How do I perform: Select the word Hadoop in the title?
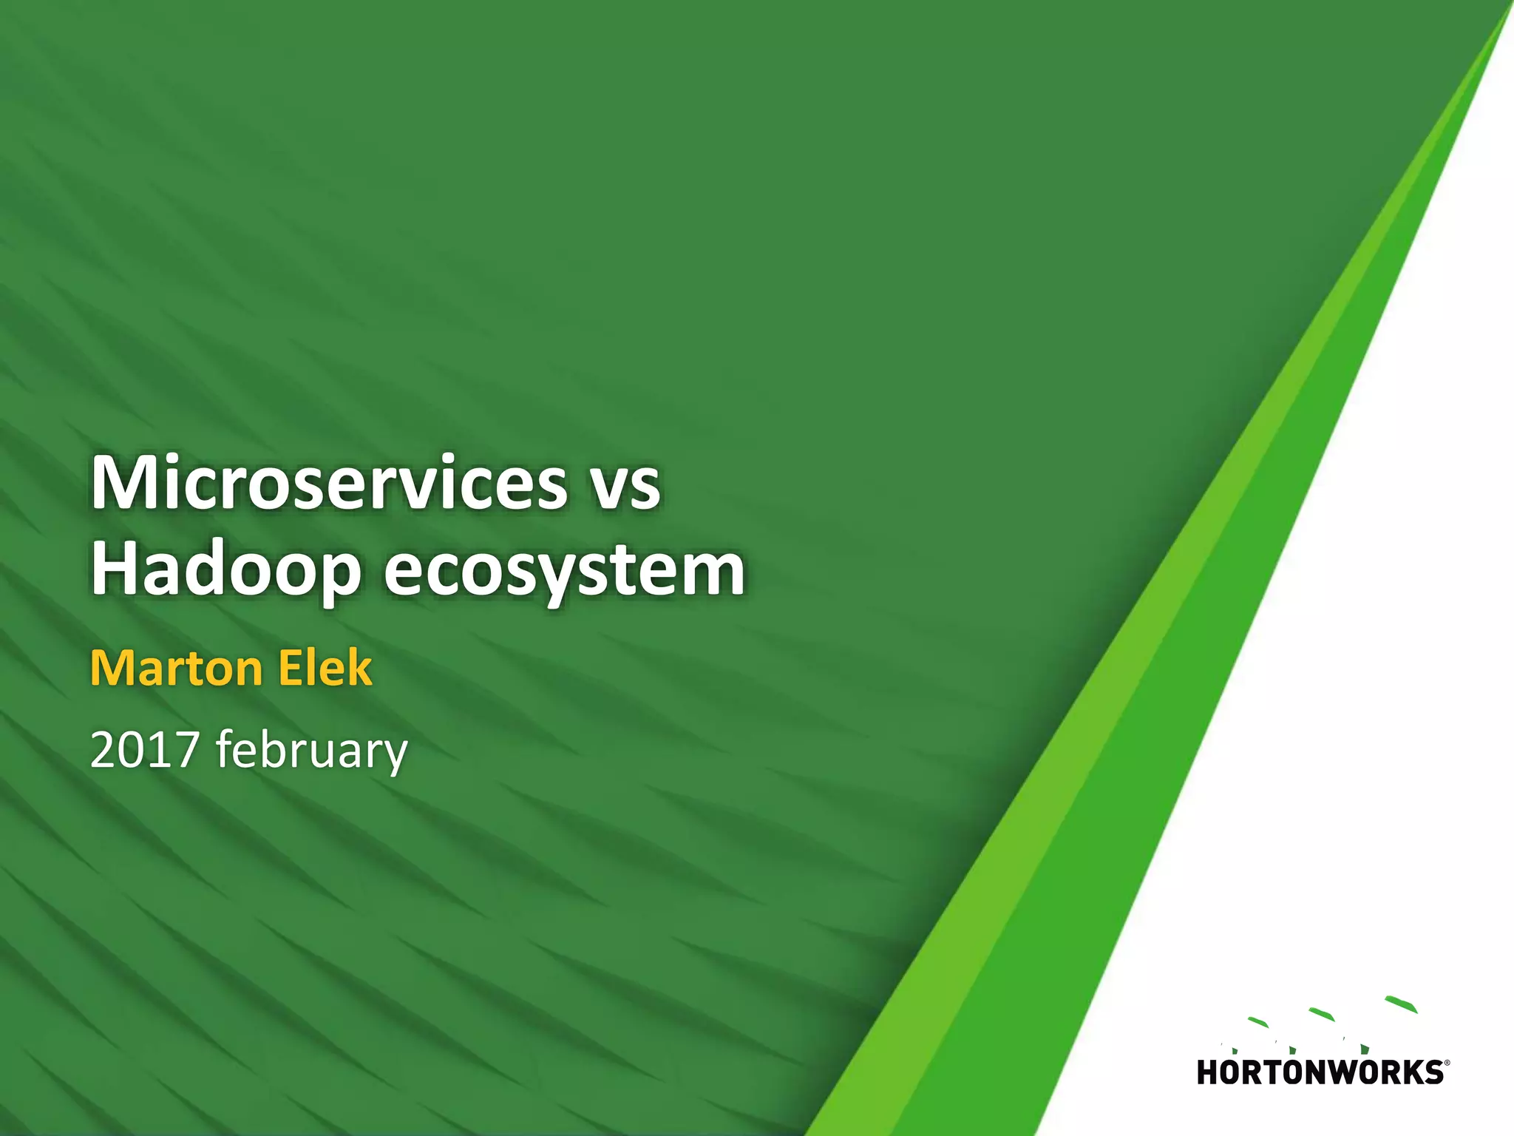225,570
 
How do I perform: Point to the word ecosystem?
564,570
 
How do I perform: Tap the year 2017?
145,749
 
